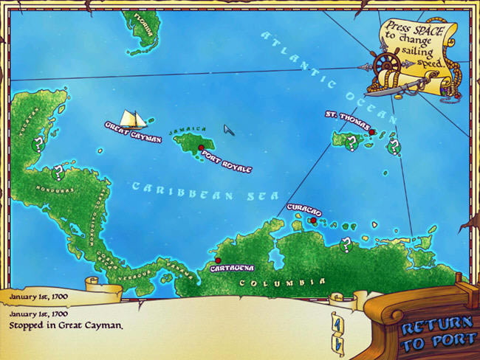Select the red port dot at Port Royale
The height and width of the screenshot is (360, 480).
[x=201, y=148]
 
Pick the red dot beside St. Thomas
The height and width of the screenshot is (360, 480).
[x=373, y=133]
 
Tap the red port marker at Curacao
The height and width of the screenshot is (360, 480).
[x=313, y=221]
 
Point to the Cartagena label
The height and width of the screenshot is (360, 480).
[x=232, y=268]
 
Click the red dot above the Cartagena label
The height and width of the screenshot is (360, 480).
[x=218, y=260]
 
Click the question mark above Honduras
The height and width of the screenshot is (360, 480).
[x=58, y=173]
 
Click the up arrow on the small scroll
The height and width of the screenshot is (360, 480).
[x=337, y=321]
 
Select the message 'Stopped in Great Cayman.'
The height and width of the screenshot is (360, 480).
[x=65, y=324]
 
